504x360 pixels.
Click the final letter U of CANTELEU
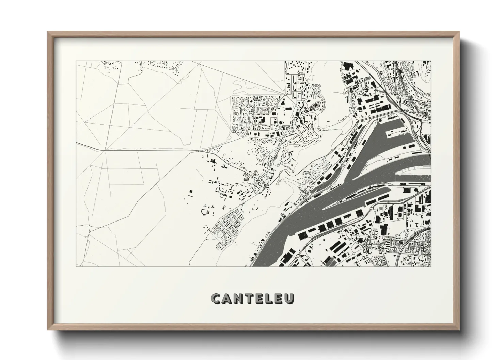coord(290,298)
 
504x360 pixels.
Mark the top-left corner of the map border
coord(76,61)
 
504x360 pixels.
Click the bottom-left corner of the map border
coord(76,266)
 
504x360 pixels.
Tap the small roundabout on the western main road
coord(198,150)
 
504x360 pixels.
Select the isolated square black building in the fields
coord(191,192)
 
